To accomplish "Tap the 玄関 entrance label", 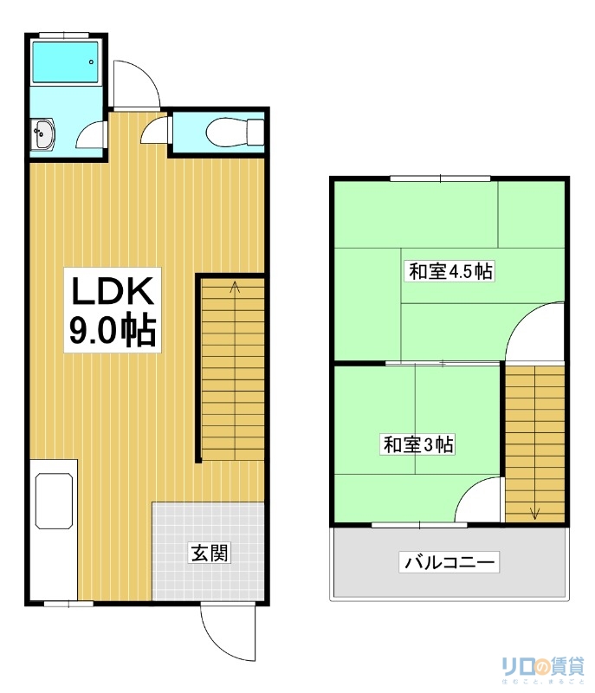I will point(210,552).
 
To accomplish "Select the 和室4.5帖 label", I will point(450,271).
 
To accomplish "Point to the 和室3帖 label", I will point(419,445).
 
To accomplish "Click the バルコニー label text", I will point(449,563).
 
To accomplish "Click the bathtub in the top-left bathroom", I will point(65,62).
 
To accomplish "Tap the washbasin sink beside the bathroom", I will point(42,135).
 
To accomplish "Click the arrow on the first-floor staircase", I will point(235,287).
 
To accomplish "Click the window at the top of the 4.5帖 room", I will point(441,178).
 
